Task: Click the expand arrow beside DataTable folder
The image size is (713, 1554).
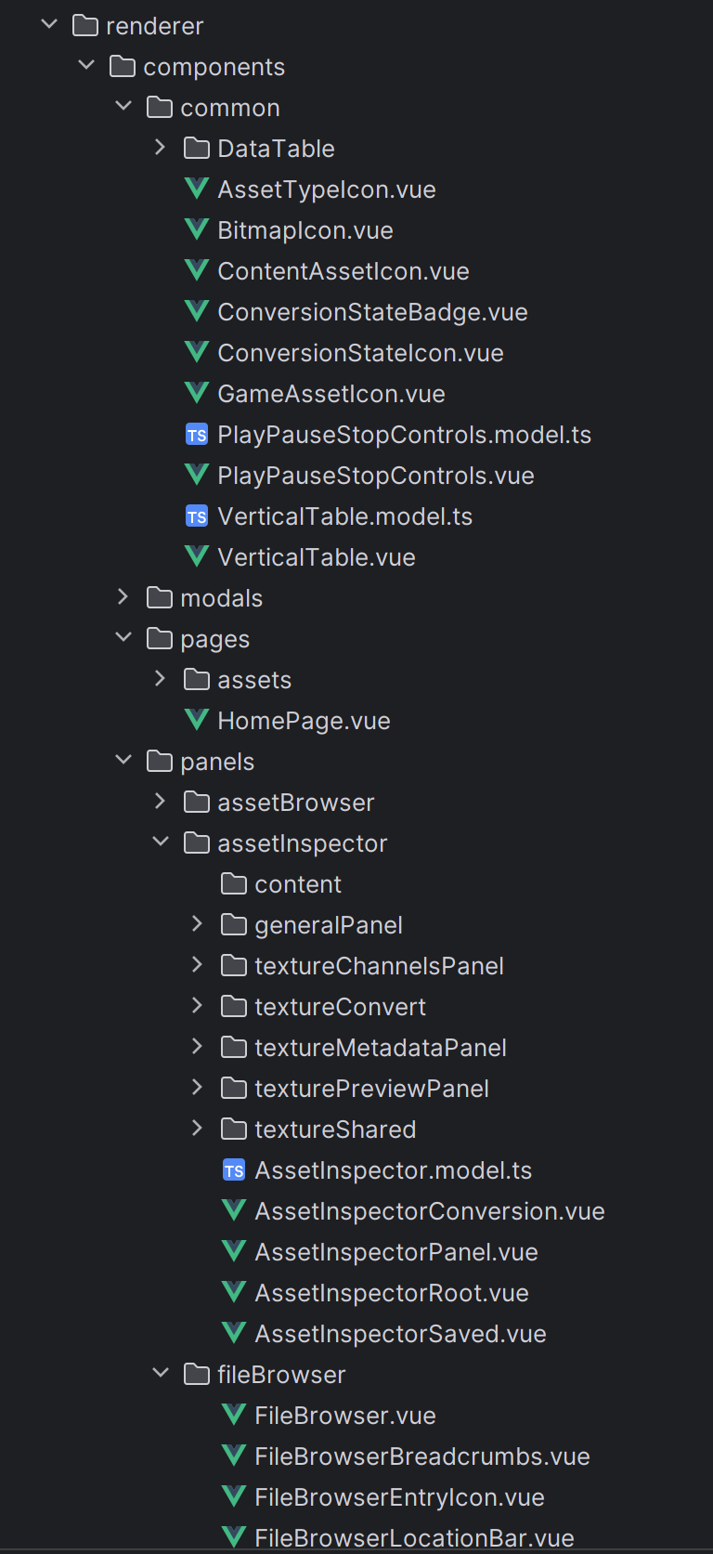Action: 161,147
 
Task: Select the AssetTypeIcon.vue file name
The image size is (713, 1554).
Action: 327,189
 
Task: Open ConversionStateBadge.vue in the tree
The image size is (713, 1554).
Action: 372,312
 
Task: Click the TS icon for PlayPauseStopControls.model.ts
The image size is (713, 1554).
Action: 197,435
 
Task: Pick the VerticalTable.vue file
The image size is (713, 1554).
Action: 317,557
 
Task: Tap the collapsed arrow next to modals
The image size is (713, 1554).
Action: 123,596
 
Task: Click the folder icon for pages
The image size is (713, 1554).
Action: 160,638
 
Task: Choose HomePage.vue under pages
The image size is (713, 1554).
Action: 304,721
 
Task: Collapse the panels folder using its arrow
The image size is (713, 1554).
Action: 123,760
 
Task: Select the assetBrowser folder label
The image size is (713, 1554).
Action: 295,803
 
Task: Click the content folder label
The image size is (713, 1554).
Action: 297,884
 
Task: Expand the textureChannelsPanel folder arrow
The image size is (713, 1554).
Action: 197,964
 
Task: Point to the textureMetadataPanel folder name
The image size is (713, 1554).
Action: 380,1048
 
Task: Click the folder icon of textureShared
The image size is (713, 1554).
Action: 234,1129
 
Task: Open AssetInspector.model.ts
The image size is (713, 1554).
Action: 394,1170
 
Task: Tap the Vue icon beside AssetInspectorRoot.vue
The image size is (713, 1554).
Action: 235,1292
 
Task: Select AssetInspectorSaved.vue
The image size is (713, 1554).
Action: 400,1334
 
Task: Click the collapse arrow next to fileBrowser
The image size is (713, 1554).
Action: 161,1372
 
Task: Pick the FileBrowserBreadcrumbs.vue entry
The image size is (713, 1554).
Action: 421,1456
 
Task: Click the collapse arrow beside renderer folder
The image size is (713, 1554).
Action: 49,24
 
